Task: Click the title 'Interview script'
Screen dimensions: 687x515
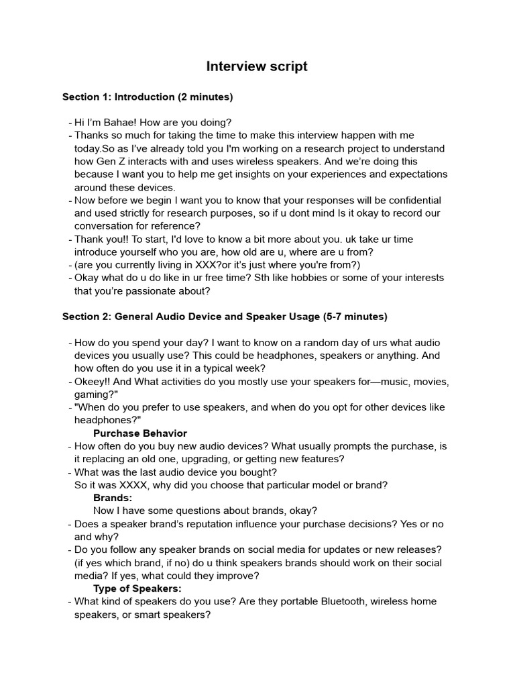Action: point(257,66)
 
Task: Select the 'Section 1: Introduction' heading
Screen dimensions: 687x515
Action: point(119,97)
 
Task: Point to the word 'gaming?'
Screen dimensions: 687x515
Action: point(94,394)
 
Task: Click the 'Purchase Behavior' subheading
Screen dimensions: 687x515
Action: point(140,433)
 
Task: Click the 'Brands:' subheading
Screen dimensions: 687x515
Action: point(113,498)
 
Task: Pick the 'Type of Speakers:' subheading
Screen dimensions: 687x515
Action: point(137,588)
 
